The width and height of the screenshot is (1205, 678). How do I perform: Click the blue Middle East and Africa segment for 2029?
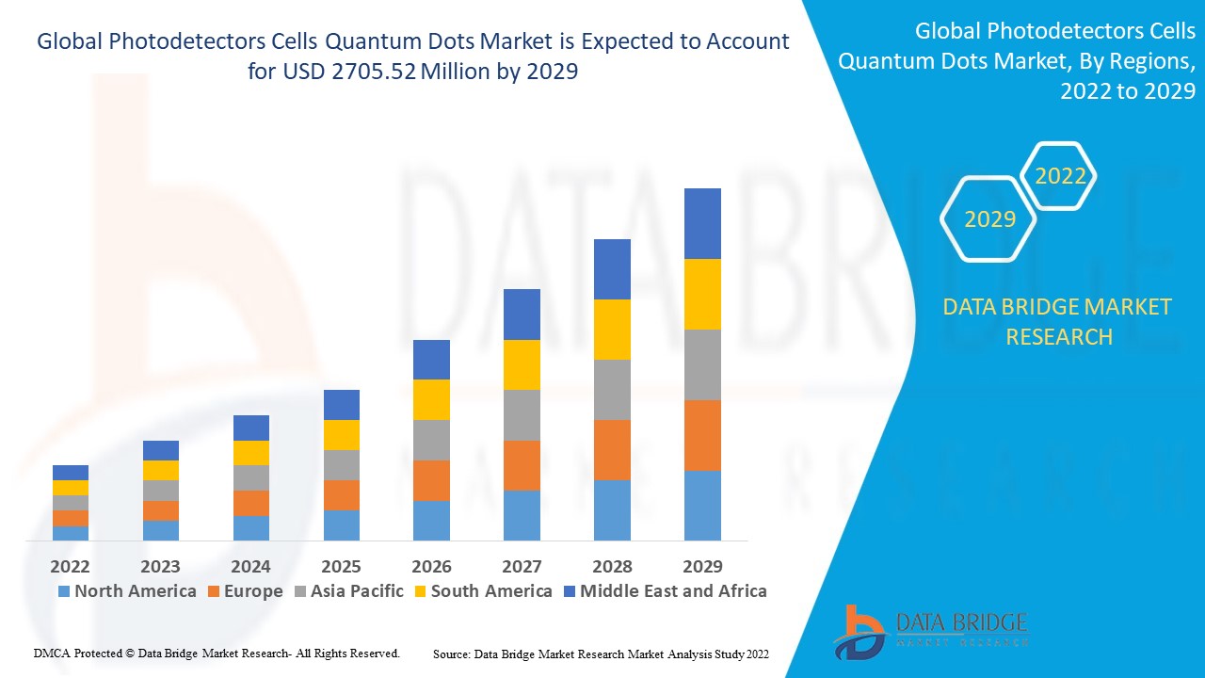click(702, 223)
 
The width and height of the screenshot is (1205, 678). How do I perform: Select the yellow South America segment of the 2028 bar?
click(612, 330)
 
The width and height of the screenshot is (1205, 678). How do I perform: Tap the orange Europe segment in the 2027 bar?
click(522, 465)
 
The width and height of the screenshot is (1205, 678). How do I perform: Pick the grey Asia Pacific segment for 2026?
click(431, 440)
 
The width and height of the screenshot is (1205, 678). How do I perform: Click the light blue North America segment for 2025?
click(341, 525)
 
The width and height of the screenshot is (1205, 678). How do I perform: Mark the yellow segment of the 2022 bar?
click(71, 488)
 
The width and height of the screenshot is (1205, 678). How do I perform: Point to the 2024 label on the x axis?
click(250, 566)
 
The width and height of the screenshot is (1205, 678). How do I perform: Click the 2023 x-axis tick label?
click(160, 566)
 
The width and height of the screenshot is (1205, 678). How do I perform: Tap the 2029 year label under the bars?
click(702, 566)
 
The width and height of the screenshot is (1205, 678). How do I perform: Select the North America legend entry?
click(127, 591)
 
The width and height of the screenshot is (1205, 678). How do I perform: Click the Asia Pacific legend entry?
click(349, 591)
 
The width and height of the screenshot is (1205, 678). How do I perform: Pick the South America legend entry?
click(482, 591)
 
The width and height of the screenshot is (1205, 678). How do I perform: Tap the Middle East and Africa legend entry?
click(665, 591)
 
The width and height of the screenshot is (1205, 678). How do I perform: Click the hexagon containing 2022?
click(1060, 176)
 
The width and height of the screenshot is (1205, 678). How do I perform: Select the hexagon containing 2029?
click(989, 219)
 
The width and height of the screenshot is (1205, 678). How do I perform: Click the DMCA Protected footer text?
click(217, 653)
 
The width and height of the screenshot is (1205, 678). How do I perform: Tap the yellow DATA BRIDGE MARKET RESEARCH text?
click(1058, 321)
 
